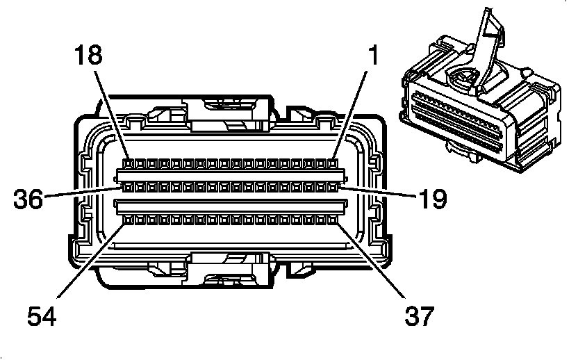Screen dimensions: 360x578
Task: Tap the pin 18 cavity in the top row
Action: pyautogui.click(x=128, y=165)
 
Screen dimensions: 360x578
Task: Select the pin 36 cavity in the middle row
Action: pyautogui.click(x=128, y=186)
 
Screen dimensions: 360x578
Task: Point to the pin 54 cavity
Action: pyautogui.click(x=128, y=220)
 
